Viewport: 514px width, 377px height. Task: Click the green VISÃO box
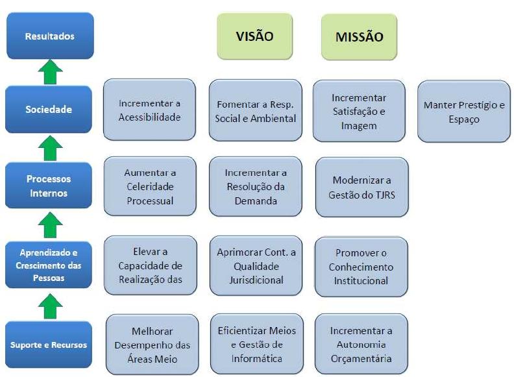(x=254, y=36)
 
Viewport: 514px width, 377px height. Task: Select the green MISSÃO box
(x=359, y=37)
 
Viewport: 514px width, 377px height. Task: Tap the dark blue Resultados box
(x=49, y=36)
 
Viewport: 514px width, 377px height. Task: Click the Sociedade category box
(x=49, y=109)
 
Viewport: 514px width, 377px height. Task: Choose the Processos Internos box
(x=49, y=186)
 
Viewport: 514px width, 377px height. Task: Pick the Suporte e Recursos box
(x=49, y=344)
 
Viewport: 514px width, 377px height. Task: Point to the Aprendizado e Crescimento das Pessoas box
(x=49, y=265)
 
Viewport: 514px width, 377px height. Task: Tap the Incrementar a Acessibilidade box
(x=149, y=110)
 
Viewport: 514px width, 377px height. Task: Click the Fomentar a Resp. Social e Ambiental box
(x=255, y=110)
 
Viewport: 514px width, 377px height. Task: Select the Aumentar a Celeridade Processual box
(x=149, y=187)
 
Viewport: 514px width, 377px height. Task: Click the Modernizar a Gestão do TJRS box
(x=361, y=187)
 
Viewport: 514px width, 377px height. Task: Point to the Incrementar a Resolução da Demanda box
(x=255, y=187)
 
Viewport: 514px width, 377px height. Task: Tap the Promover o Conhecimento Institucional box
(x=361, y=266)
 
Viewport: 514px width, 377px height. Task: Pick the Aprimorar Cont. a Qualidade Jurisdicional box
(x=255, y=266)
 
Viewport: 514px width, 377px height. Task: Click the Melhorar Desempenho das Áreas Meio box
(x=151, y=345)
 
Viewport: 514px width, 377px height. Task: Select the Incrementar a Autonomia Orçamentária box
(x=361, y=345)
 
